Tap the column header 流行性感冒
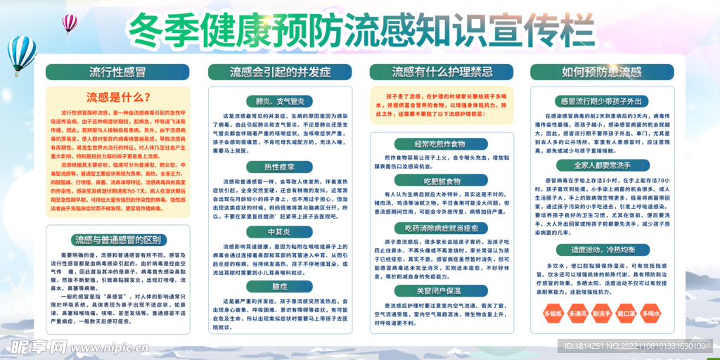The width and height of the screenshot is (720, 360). click(x=117, y=72)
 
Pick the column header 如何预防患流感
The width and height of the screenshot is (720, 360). click(x=602, y=72)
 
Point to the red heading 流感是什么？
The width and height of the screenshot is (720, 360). click(x=117, y=97)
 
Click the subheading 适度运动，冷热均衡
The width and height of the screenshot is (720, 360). click(x=602, y=250)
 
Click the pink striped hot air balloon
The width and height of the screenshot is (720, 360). click(x=70, y=23)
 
